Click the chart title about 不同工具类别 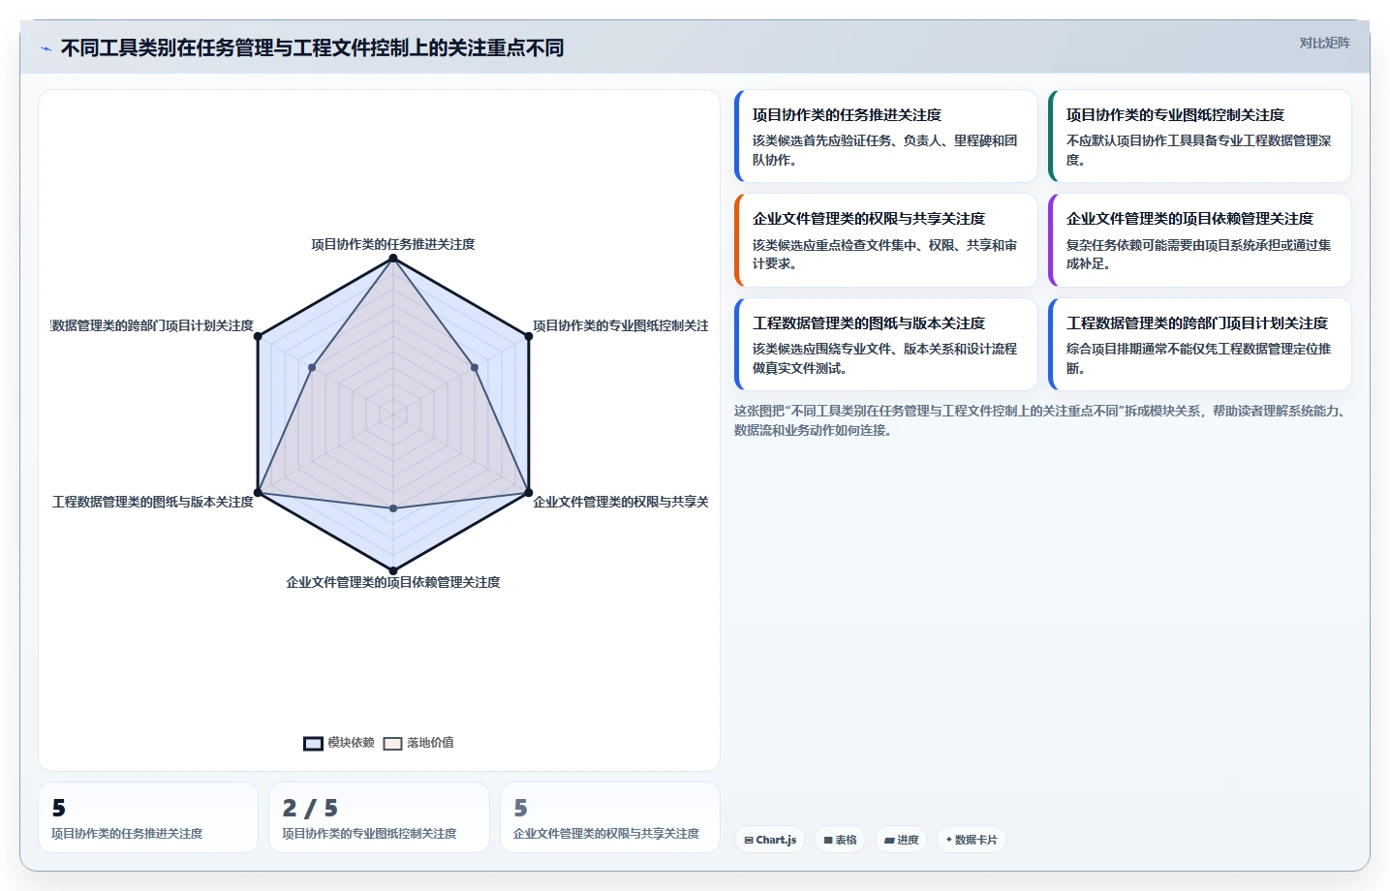pyautogui.click(x=312, y=47)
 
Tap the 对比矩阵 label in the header pyautogui.click(x=1325, y=43)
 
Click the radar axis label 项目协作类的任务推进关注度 pyautogui.click(x=393, y=244)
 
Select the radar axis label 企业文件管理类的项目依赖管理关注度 pyautogui.click(x=393, y=583)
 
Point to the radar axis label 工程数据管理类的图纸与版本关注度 pyautogui.click(x=153, y=502)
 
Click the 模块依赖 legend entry pyautogui.click(x=339, y=743)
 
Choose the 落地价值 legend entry pyautogui.click(x=418, y=743)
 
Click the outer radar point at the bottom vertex pyautogui.click(x=393, y=570)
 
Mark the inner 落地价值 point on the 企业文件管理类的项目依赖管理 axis pyautogui.click(x=393, y=508)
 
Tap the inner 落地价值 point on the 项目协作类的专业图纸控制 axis pyautogui.click(x=475, y=367)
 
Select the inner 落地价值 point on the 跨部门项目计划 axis pyautogui.click(x=312, y=367)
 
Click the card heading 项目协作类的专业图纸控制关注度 pyautogui.click(x=1175, y=115)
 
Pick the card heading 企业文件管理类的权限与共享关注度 pyautogui.click(x=869, y=219)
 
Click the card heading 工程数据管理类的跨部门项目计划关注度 pyautogui.click(x=1197, y=323)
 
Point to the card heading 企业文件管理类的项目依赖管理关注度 pyautogui.click(x=1189, y=219)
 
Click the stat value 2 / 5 pyautogui.click(x=310, y=808)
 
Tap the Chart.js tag pyautogui.click(x=770, y=840)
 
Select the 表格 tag pyautogui.click(x=840, y=840)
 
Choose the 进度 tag pyautogui.click(x=901, y=840)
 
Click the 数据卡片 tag pyautogui.click(x=972, y=840)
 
